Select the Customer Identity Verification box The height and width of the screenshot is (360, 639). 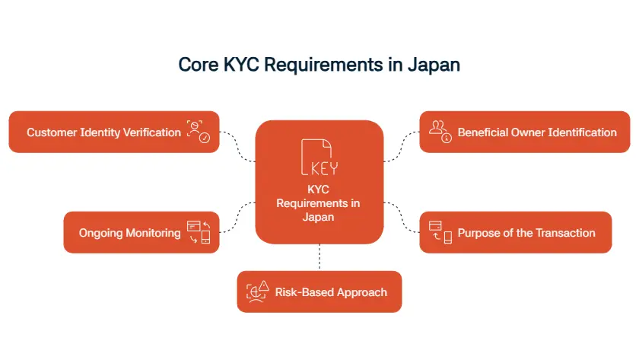coord(114,132)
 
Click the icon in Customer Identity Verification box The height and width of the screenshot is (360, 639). coord(199,132)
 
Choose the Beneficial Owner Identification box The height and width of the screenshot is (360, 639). coord(525,132)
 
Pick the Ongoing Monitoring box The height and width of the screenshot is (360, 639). coord(141,233)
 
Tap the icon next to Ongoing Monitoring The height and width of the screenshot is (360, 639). coord(199,232)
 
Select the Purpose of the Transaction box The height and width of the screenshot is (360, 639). coord(516,233)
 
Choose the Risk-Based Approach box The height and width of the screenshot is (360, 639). coord(319,292)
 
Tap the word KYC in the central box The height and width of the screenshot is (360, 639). coord(319,190)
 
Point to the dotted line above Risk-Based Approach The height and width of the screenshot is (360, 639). coord(319,257)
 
